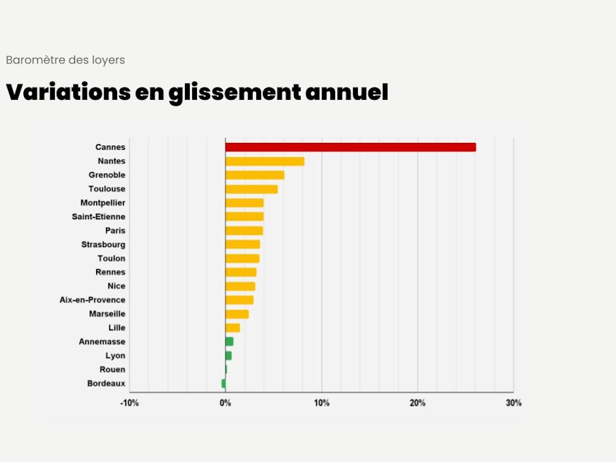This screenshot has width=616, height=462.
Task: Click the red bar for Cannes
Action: (351, 147)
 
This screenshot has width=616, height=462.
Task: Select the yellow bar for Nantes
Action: (265, 161)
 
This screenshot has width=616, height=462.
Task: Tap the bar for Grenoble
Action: (255, 175)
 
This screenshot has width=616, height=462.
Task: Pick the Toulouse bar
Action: (251, 189)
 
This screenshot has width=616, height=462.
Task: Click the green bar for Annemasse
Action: (229, 341)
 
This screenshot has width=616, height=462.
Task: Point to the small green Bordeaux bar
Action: (224, 383)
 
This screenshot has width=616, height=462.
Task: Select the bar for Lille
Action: (233, 328)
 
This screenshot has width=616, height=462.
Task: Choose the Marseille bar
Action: (237, 314)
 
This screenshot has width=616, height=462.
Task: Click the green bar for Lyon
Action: (229, 355)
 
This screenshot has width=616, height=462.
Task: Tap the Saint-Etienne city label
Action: (99, 217)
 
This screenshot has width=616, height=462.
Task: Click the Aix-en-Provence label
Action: (92, 300)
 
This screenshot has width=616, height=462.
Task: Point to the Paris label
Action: (115, 230)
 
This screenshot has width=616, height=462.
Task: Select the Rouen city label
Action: (112, 370)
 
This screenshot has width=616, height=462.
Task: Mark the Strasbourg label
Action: (103, 245)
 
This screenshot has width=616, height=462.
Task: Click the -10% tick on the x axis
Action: (129, 403)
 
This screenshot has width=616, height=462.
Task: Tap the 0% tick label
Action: (225, 403)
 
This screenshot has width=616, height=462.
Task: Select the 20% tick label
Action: (418, 403)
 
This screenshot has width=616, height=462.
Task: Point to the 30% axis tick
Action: (514, 403)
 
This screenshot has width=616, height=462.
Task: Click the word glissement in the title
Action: (235, 93)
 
